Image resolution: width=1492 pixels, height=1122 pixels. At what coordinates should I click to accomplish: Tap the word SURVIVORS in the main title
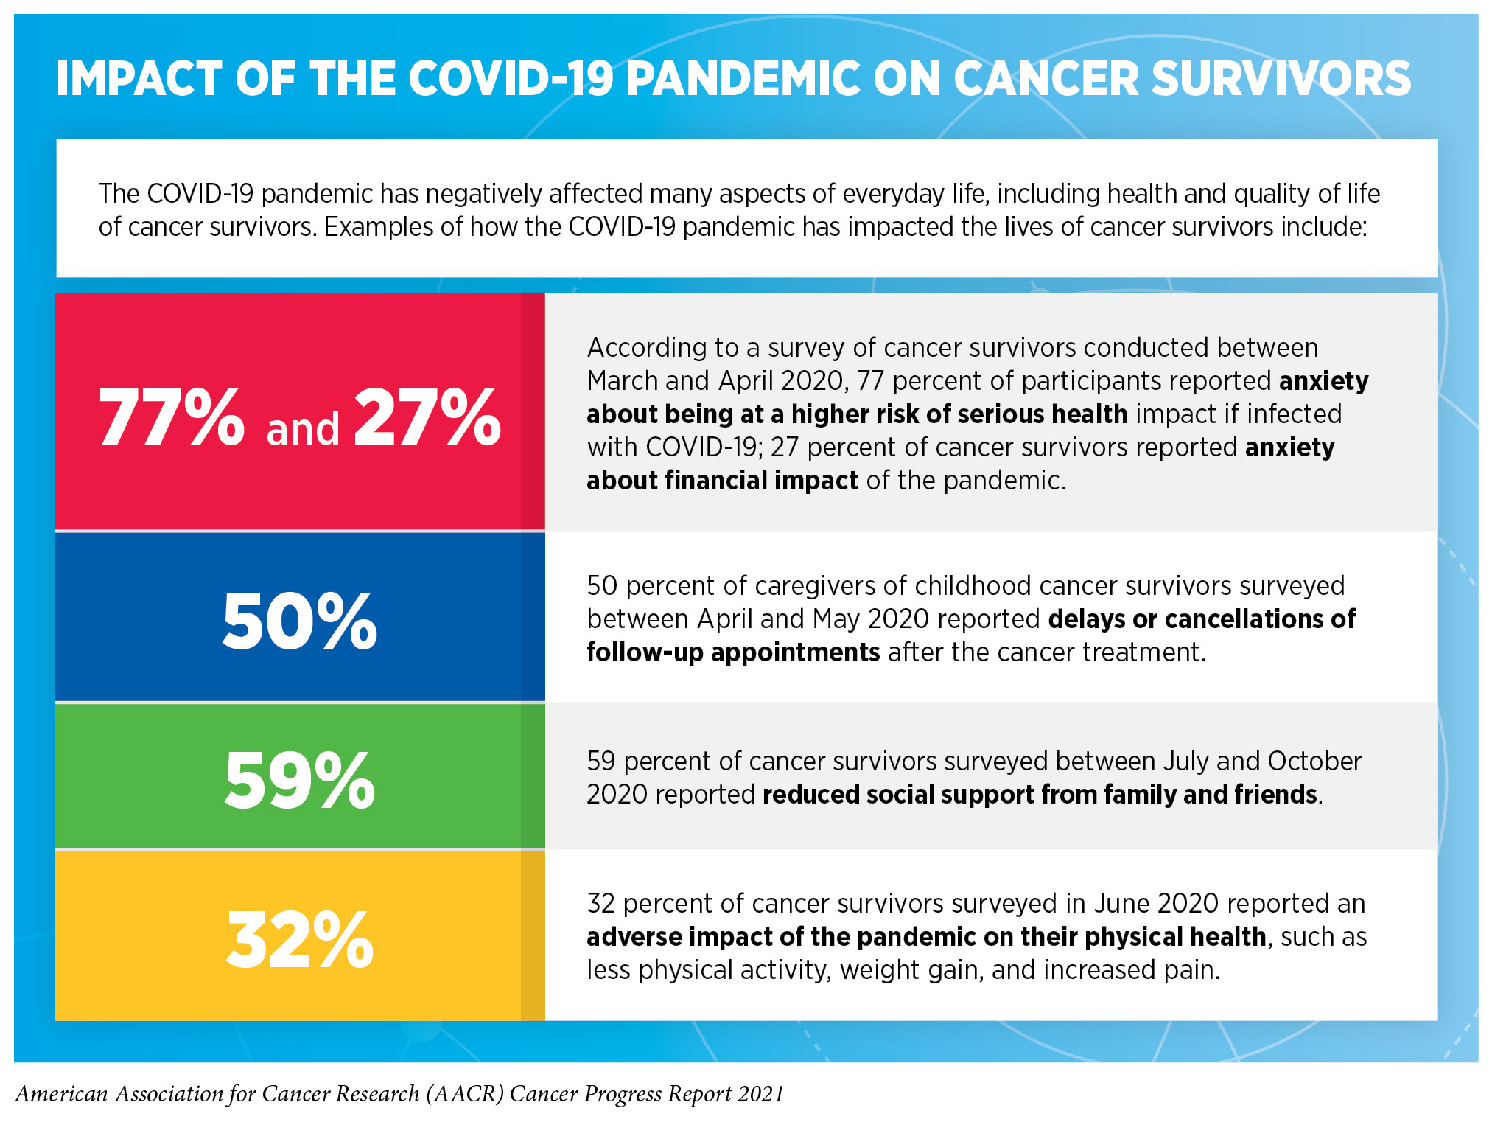pos(1281,79)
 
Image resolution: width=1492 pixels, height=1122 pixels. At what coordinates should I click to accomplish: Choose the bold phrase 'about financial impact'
pos(722,481)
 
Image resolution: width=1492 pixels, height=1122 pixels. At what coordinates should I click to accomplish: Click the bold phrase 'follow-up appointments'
pos(733,652)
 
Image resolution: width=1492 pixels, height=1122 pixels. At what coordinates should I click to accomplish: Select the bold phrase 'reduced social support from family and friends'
pos(1040,795)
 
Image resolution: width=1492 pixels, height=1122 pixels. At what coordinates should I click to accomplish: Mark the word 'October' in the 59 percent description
pos(1314,761)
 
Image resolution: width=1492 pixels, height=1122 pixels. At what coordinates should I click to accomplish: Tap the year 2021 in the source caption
pos(760,1094)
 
